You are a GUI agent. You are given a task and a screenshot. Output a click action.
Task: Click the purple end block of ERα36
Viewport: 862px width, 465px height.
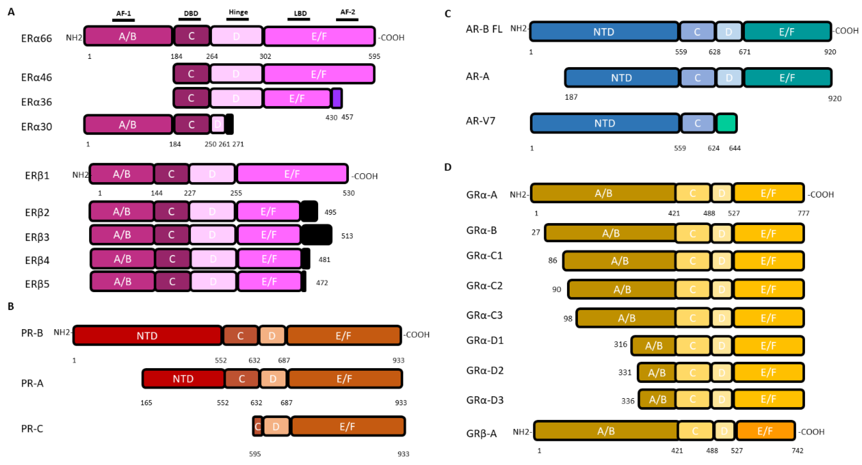tap(337, 98)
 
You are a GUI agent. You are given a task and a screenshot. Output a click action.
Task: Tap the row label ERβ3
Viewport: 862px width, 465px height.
tap(37, 237)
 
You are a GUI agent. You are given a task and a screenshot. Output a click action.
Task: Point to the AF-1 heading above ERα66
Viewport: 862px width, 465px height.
tap(124, 13)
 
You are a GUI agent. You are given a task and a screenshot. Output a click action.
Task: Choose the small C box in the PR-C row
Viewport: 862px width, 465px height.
tap(257, 427)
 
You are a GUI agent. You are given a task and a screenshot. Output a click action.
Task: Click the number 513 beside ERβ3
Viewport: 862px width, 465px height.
tap(347, 236)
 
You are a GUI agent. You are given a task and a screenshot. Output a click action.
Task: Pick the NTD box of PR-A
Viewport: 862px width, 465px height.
tap(183, 379)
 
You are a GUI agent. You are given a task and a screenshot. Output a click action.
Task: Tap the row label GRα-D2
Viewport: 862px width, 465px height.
tap(485, 370)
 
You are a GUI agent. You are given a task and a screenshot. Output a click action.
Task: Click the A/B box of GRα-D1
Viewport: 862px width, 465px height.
tap(653, 346)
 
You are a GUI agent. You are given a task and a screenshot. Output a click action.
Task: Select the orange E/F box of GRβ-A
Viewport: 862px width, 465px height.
tap(765, 431)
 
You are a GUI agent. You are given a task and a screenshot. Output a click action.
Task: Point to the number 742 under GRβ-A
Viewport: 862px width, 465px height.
tap(797, 451)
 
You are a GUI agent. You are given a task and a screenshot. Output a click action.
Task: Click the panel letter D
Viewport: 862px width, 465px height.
tap(448, 167)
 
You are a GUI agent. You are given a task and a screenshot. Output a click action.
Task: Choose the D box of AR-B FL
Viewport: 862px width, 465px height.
tap(729, 32)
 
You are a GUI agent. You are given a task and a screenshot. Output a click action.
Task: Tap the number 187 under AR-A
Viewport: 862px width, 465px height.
tap(571, 97)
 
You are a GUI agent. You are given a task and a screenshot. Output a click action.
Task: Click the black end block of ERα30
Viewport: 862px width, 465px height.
tap(229, 124)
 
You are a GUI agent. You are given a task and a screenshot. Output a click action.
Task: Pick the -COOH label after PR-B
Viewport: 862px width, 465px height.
tap(417, 335)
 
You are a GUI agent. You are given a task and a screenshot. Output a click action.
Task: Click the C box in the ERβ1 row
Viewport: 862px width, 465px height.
tap(171, 174)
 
